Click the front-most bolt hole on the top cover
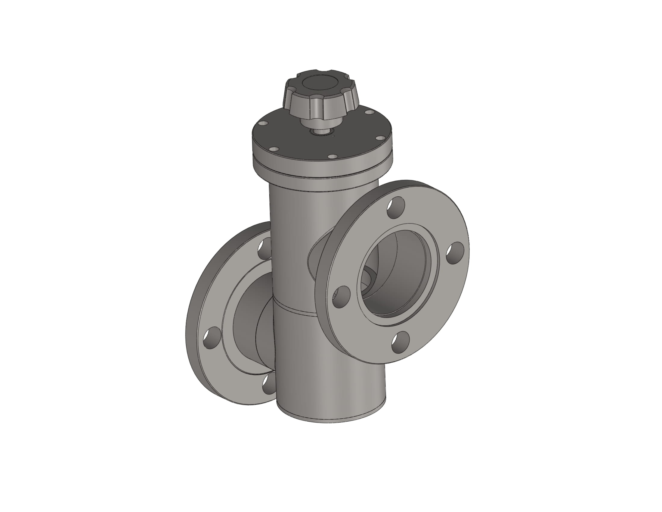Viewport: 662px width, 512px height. tap(333, 157)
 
